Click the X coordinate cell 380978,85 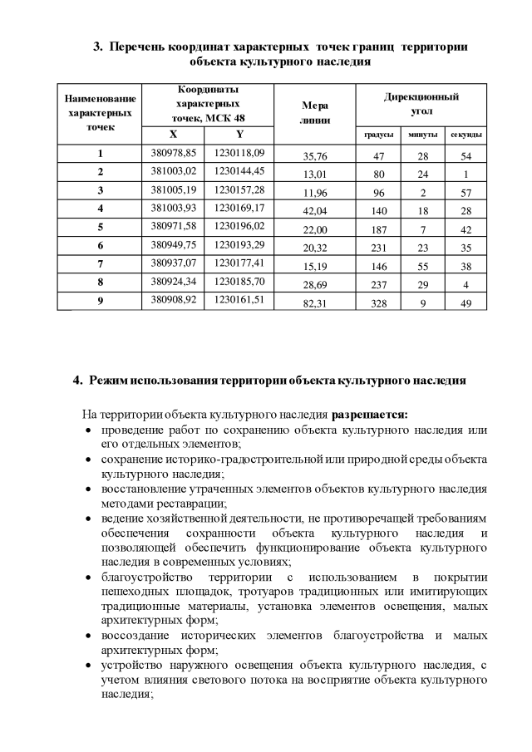173,153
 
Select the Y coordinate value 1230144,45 239,171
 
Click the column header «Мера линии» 314,112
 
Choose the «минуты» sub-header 422,135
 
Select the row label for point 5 100,227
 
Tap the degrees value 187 378,229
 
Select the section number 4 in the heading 77,381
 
